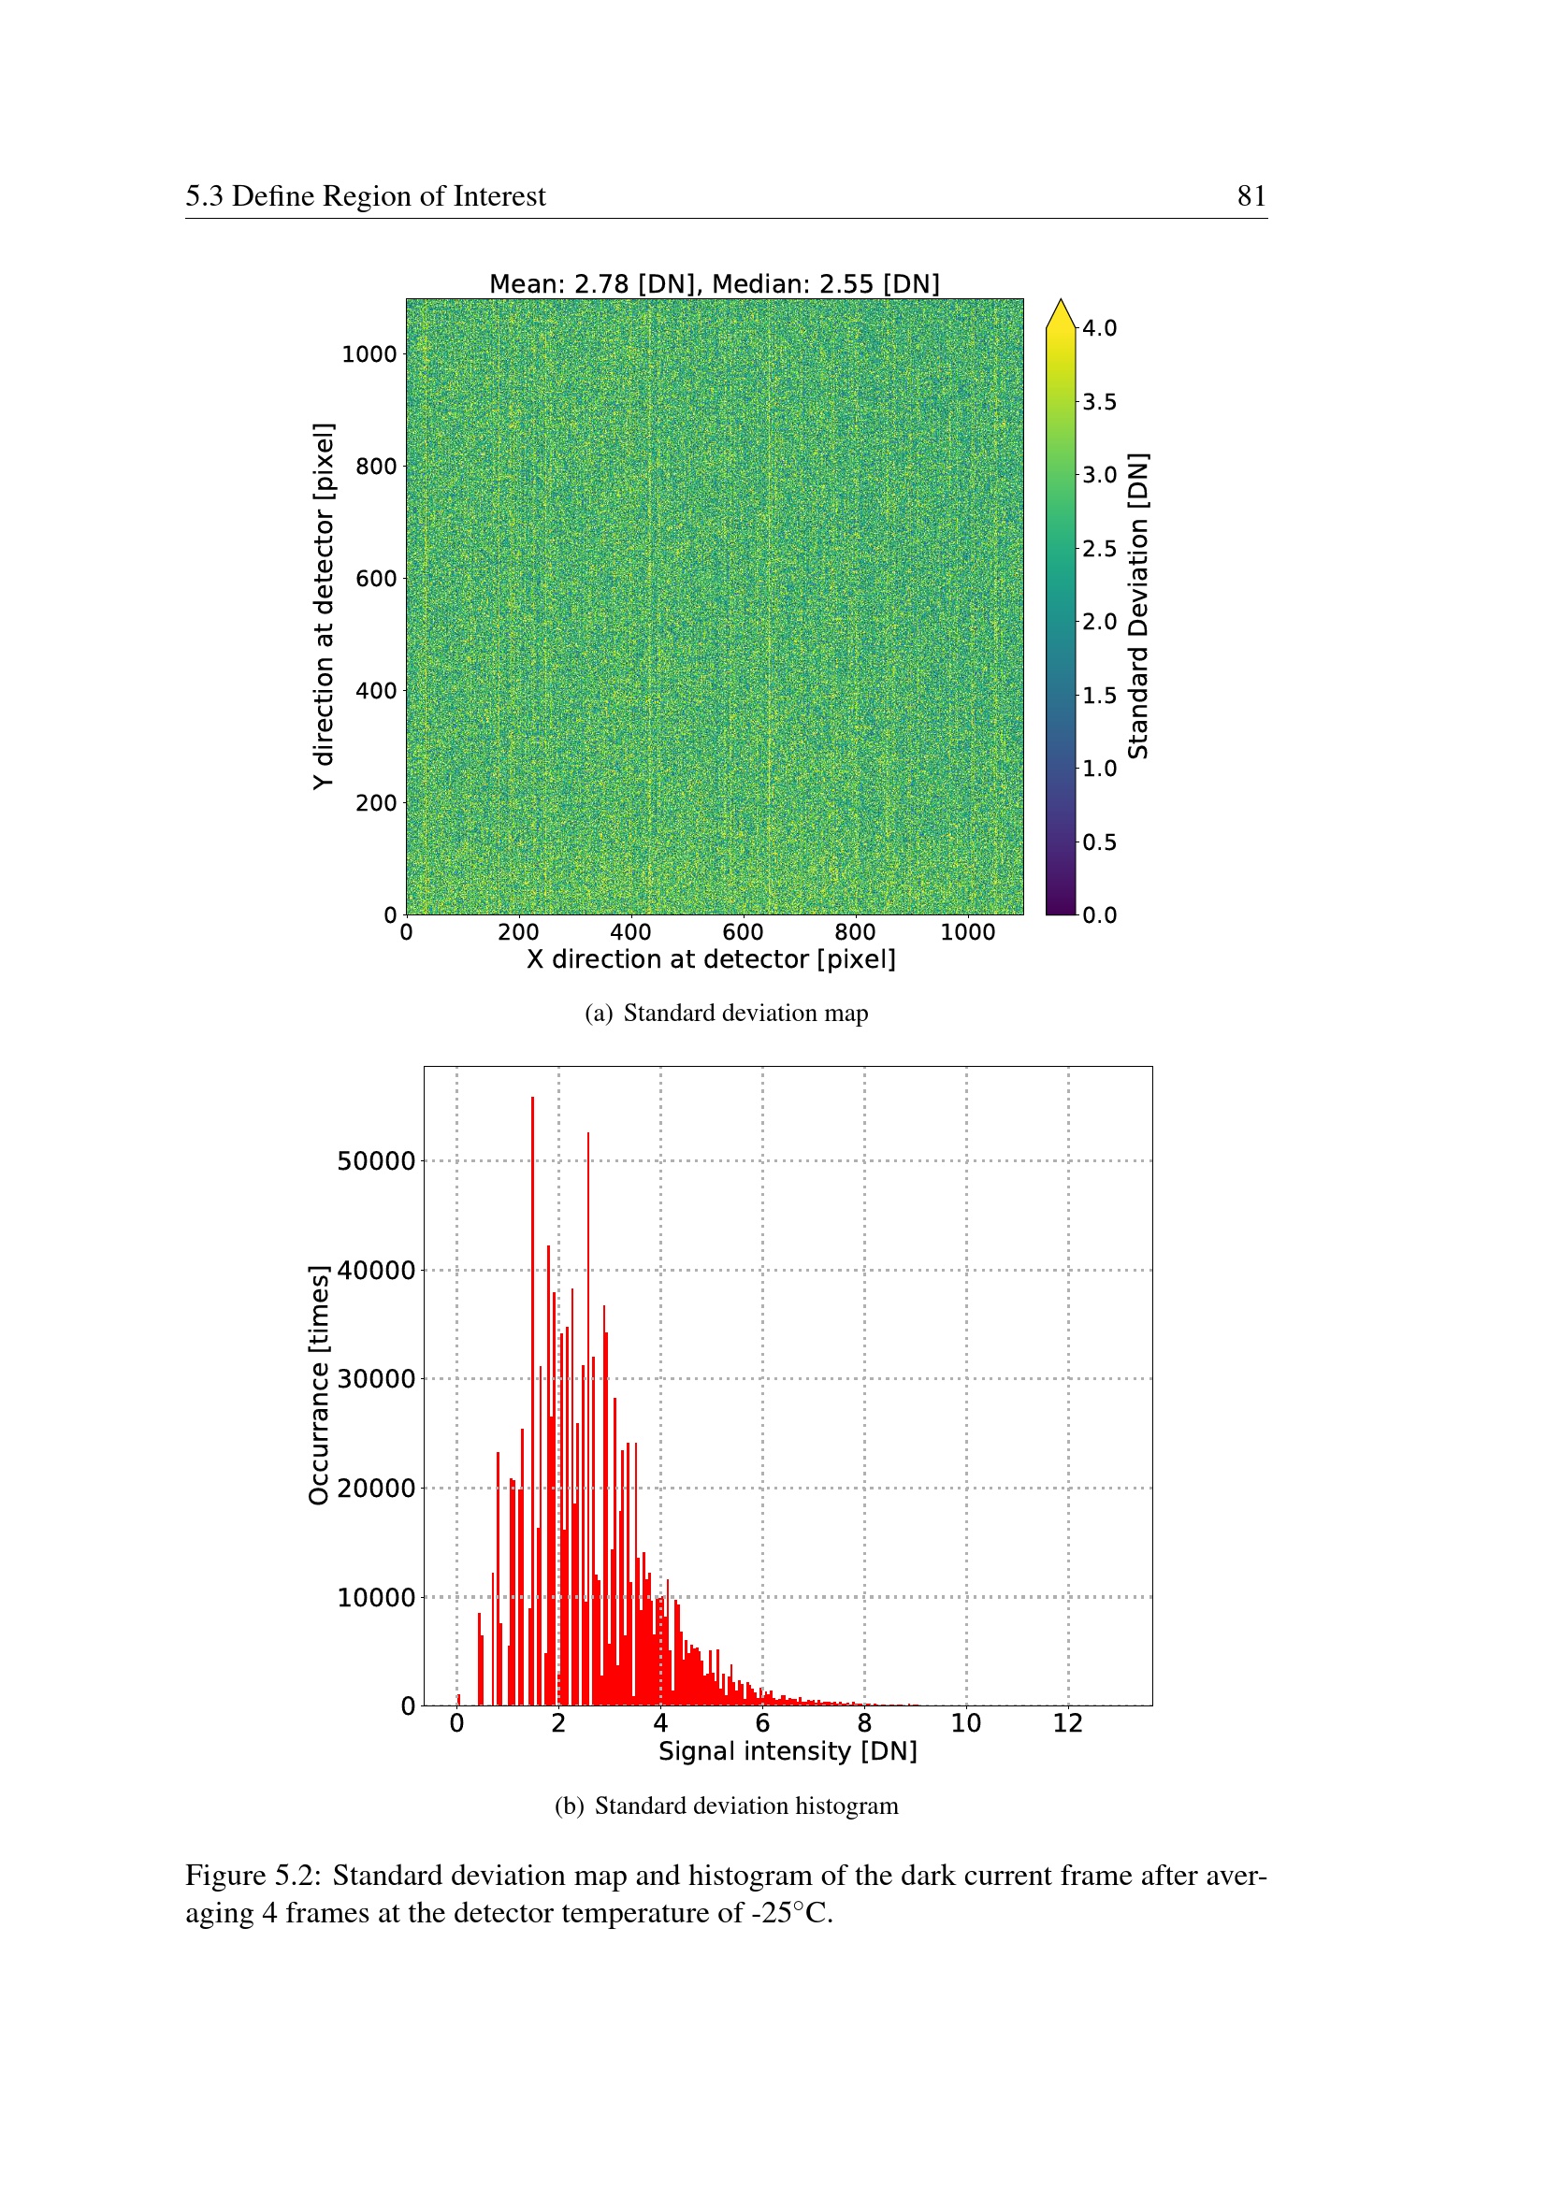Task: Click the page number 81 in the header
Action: [1251, 196]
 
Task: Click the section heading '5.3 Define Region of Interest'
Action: [365, 196]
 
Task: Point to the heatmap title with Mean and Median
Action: [714, 284]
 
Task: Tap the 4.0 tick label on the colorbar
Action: [1099, 328]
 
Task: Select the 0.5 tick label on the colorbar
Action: [1099, 842]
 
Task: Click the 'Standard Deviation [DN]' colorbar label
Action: [1137, 606]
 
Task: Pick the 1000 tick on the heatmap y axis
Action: [369, 354]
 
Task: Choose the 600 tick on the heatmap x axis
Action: [742, 932]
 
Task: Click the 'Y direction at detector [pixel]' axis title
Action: [323, 606]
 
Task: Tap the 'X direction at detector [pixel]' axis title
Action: [711, 959]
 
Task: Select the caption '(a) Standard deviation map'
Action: [726, 1013]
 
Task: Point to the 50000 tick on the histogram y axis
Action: [375, 1161]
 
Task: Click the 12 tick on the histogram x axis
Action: [1068, 1723]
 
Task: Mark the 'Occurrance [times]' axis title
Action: [318, 1385]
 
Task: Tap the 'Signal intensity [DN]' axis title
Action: [787, 1750]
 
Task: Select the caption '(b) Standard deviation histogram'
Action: [726, 1806]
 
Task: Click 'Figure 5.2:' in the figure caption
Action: [253, 1875]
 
